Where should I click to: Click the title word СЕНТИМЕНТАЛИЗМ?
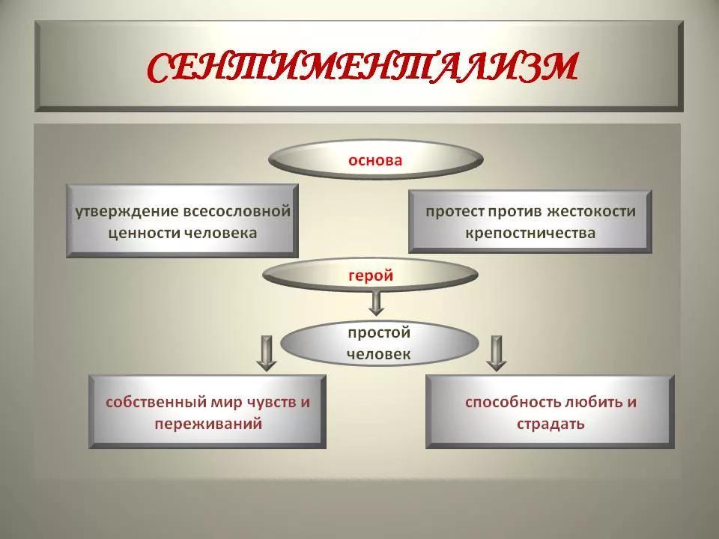(x=362, y=69)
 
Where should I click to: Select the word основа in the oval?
(x=375, y=160)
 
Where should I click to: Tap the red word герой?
(x=371, y=275)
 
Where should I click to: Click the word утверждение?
(x=127, y=212)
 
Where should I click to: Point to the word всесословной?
(x=237, y=211)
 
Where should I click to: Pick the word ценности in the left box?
(x=144, y=234)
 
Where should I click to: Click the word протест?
(x=455, y=212)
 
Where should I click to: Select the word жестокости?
(x=592, y=212)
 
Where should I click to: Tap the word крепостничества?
(x=530, y=233)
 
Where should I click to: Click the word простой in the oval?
(x=379, y=332)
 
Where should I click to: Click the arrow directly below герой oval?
(x=376, y=303)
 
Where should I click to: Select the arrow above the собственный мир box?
(x=267, y=353)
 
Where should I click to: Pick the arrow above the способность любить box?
(x=496, y=353)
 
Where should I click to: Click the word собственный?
(x=157, y=403)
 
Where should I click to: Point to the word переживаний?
(x=208, y=424)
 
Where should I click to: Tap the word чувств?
(x=273, y=403)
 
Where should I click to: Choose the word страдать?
(x=550, y=424)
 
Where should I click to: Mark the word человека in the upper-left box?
(x=220, y=234)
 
